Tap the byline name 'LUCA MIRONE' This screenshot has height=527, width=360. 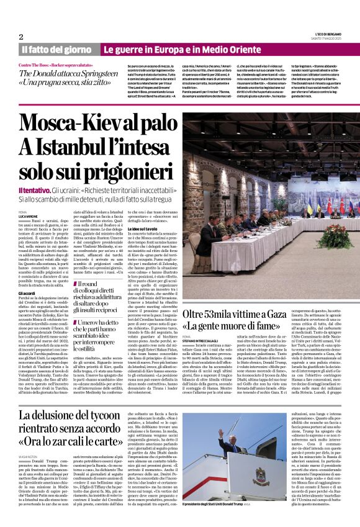[x=29, y=215]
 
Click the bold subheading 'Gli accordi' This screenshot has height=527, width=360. [x=27, y=293]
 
